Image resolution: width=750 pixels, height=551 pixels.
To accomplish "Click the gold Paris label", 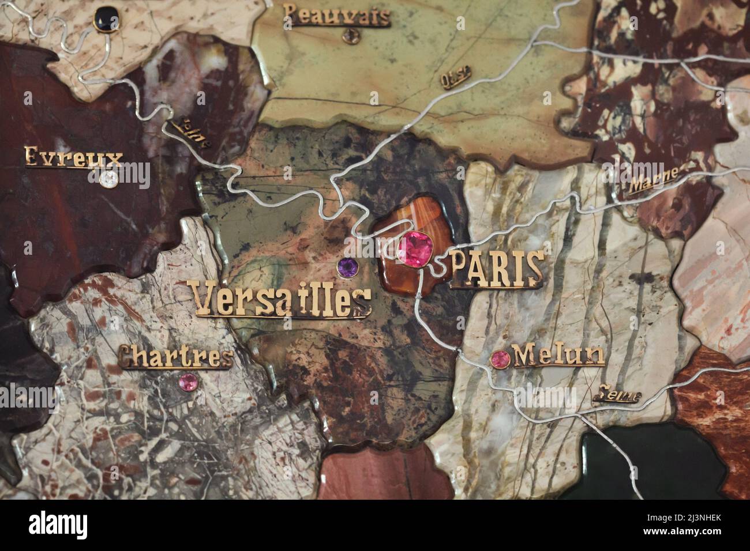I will [x=496, y=268].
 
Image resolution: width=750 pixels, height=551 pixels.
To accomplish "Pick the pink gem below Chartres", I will [x=188, y=382].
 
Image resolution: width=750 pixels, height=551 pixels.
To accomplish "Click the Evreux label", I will [x=74, y=157].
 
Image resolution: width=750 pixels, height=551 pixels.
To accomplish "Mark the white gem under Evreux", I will [x=108, y=179].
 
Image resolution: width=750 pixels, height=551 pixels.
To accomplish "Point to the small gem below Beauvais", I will [x=348, y=36].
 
